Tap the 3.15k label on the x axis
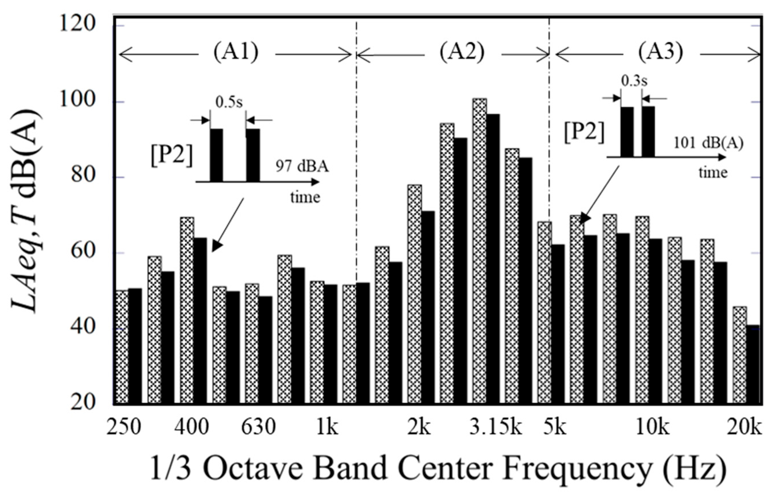click(x=496, y=428)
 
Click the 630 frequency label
click(x=258, y=428)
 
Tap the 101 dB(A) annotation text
click(x=708, y=143)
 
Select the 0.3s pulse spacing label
click(x=634, y=81)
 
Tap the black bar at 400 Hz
click(x=200, y=321)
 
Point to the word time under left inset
click(x=305, y=197)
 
